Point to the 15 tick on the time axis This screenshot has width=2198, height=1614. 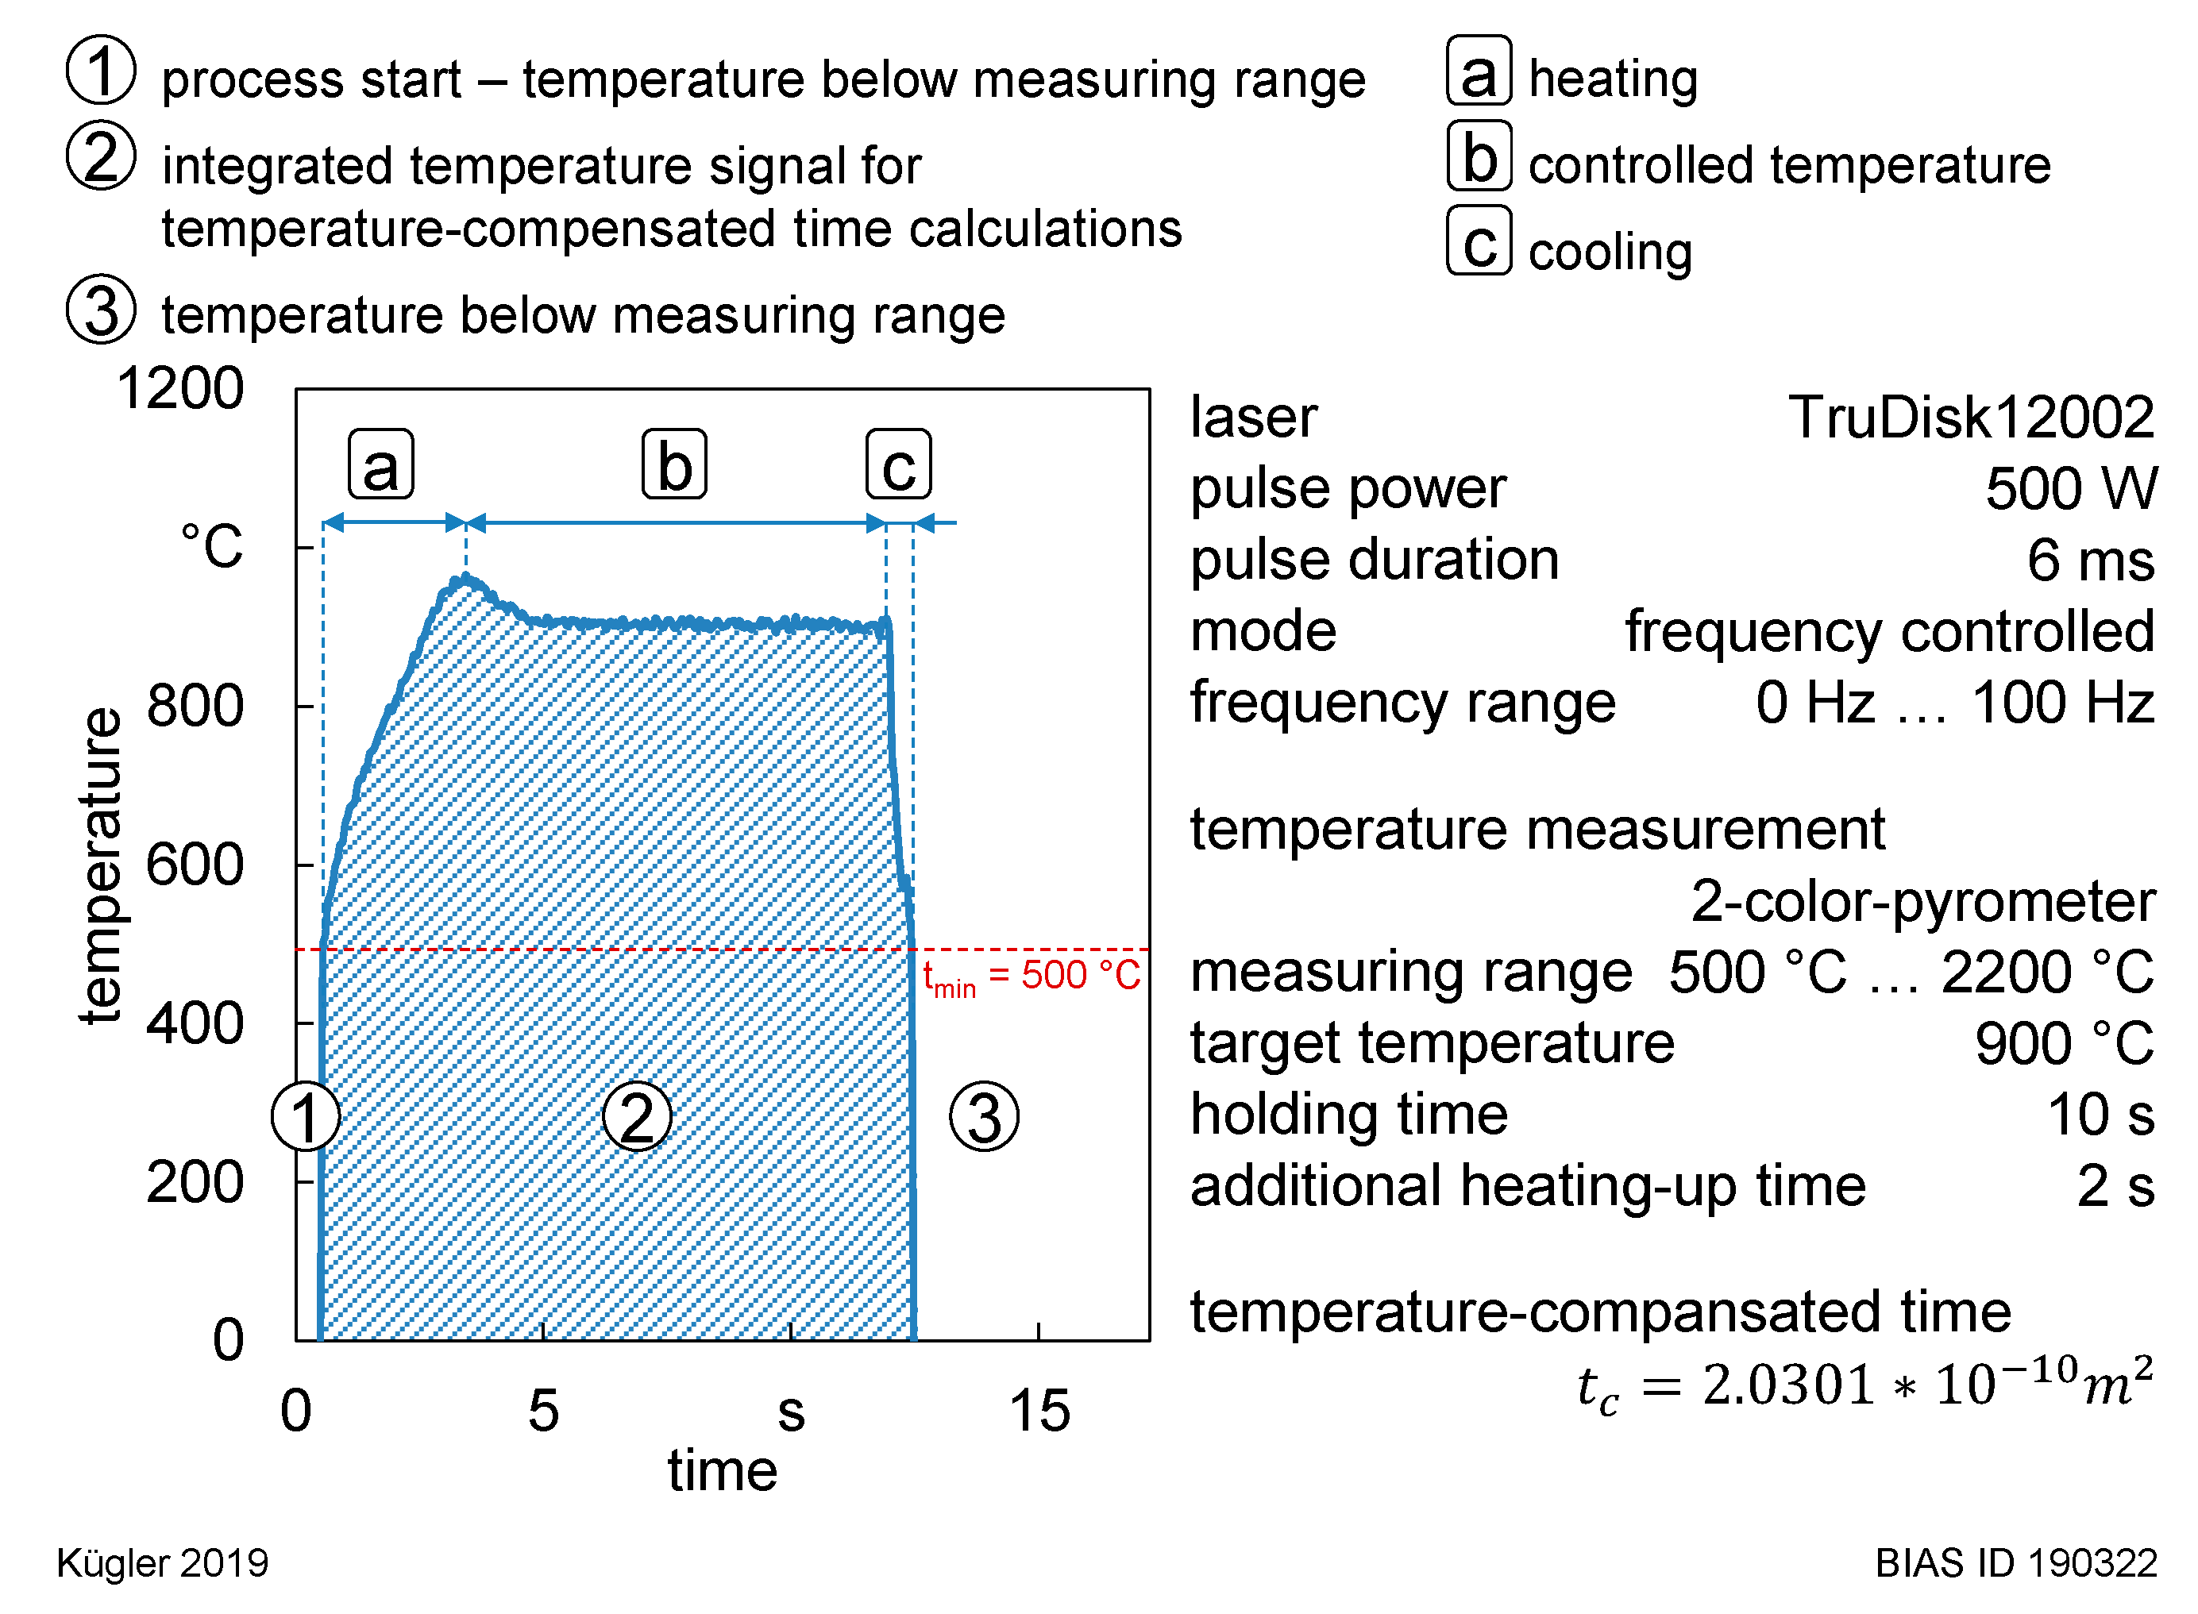click(x=1039, y=1411)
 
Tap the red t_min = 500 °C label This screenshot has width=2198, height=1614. click(x=1031, y=976)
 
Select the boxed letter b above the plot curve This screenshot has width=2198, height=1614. click(x=673, y=464)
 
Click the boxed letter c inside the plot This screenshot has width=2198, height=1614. click(x=898, y=464)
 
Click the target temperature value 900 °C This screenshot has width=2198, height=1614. click(x=2063, y=1043)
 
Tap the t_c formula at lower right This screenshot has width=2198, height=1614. click(x=1864, y=1385)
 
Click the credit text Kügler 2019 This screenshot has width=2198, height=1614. click(x=162, y=1563)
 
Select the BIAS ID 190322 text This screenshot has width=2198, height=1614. click(x=2015, y=1563)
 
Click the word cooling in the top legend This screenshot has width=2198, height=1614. click(x=1610, y=252)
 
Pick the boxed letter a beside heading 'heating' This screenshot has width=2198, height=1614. click(x=1479, y=71)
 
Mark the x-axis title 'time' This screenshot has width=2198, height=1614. click(x=723, y=1470)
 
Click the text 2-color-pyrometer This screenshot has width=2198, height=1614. click(x=1922, y=901)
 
